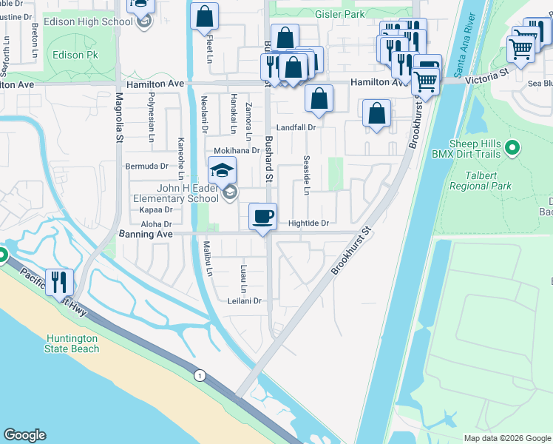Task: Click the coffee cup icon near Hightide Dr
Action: click(263, 217)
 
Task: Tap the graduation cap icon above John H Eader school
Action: click(222, 171)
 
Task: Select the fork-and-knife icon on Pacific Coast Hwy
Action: click(59, 281)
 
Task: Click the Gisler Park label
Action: click(339, 14)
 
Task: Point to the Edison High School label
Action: click(88, 21)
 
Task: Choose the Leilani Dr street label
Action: click(245, 300)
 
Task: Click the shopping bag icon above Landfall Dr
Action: click(319, 98)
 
